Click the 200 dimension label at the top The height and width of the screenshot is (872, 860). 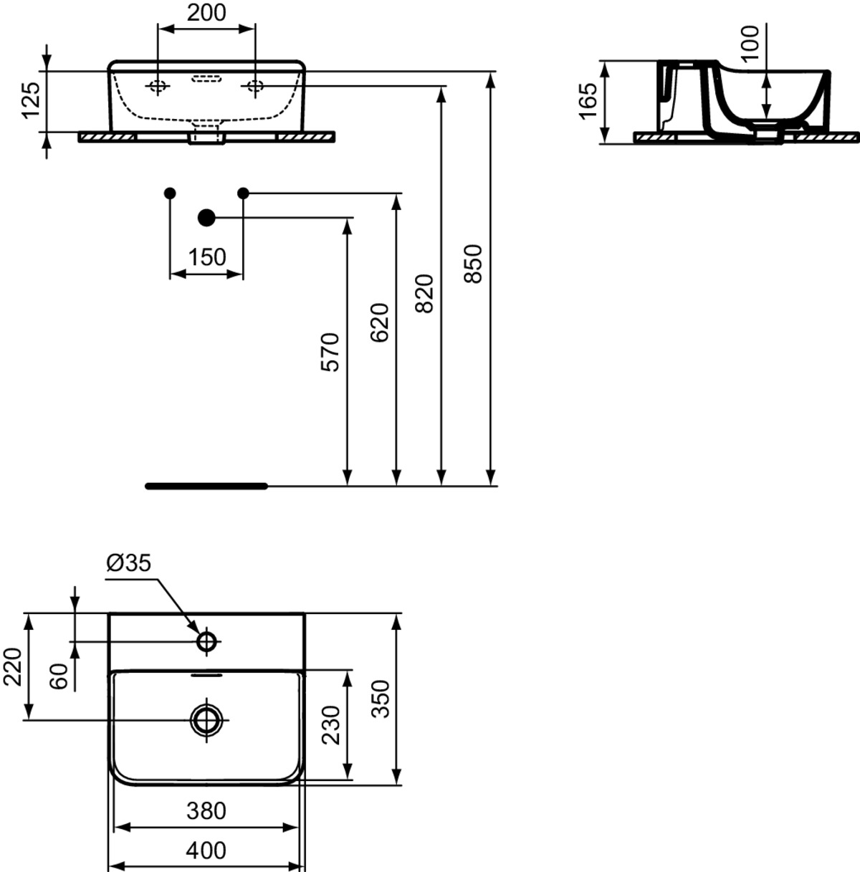pos(206,13)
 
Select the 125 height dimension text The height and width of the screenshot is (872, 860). pos(32,100)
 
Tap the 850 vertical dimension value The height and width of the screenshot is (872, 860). pos(474,264)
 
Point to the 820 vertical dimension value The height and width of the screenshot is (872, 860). pos(424,293)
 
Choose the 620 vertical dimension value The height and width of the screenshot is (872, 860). pos(379,322)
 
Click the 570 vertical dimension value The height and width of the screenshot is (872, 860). pos(330,353)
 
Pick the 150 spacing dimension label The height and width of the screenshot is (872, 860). pos(207,257)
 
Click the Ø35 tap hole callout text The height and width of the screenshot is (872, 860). pos(128,563)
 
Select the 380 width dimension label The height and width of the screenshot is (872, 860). pos(206,811)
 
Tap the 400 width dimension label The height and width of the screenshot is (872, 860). pos(206,851)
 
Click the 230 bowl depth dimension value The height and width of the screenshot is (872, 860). pos(331,725)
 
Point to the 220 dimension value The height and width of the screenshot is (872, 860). pos(13,667)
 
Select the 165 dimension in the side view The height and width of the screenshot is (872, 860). pos(588,101)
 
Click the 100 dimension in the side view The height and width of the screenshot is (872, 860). pos(750,44)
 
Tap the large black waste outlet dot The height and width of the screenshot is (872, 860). pos(207,218)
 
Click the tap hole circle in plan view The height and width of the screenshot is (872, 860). pos(207,642)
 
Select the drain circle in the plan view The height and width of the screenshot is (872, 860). pos(207,719)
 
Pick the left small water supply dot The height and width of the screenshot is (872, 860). pos(170,193)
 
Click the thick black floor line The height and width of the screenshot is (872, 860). pos(206,486)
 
